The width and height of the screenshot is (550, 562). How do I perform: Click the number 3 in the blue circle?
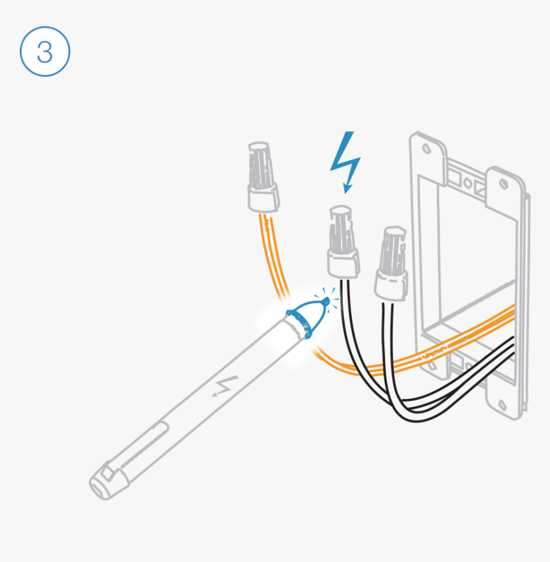45,52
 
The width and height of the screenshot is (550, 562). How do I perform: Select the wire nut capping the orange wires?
262,176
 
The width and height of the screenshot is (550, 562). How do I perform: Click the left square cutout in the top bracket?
453,173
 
